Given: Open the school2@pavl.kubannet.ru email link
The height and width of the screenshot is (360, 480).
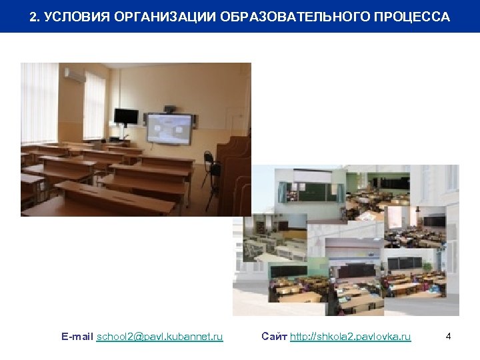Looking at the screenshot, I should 160,337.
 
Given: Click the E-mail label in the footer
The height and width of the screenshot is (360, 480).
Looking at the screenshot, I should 77,337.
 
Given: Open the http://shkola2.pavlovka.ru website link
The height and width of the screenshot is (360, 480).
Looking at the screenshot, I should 351,337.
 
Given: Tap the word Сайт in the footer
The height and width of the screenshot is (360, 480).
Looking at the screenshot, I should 274,337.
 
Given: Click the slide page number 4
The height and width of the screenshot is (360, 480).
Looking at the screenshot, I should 449,337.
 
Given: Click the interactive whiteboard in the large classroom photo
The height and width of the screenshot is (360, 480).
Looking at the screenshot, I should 169,128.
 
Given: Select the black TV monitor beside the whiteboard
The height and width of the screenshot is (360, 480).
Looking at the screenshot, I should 125,117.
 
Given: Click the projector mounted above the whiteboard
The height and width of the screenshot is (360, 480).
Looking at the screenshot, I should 171,107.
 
